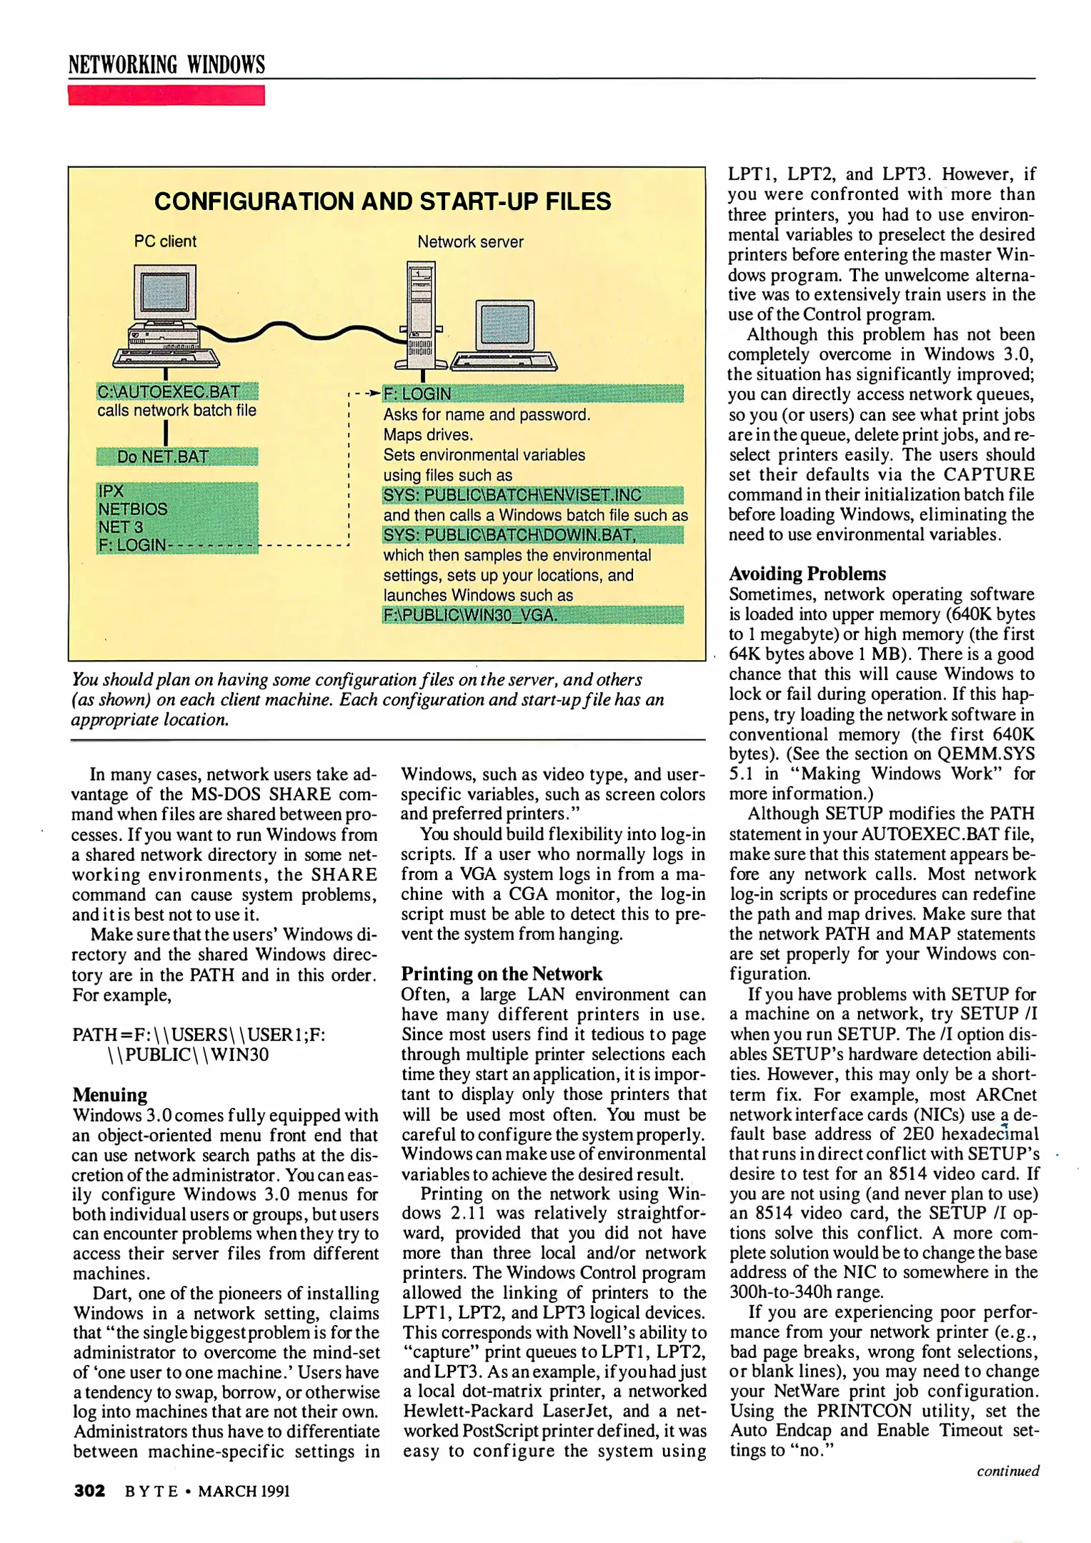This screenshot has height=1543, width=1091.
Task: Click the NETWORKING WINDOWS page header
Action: coord(166,64)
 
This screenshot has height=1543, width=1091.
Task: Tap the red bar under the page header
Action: coord(166,95)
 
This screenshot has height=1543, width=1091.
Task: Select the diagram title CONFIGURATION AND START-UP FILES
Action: coord(382,201)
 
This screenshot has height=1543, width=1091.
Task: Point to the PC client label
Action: coord(165,241)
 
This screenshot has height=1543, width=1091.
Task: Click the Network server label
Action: coord(470,242)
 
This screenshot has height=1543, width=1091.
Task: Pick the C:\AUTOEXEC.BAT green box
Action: coord(176,391)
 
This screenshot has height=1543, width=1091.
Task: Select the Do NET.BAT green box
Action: coord(176,456)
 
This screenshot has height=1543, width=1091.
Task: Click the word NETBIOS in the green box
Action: coord(133,509)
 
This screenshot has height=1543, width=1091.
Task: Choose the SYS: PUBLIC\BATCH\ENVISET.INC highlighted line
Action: coord(532,495)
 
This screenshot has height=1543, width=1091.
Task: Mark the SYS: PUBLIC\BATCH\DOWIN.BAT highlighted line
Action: coord(532,535)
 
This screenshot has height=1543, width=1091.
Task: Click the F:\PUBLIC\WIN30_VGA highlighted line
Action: coord(532,615)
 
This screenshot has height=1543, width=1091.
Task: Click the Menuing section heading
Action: coord(110,1095)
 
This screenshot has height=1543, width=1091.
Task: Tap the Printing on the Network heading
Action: coord(502,974)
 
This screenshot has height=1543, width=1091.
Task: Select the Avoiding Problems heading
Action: coord(807,574)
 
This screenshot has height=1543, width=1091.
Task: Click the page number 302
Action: coord(89,1491)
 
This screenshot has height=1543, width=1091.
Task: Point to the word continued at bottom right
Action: coord(1008,1471)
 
